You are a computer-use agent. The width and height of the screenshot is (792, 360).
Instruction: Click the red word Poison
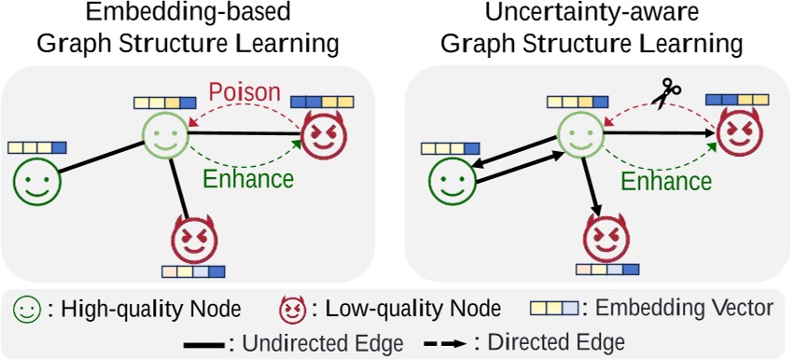click(x=243, y=94)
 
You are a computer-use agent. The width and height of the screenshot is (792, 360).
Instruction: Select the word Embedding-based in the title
click(x=187, y=16)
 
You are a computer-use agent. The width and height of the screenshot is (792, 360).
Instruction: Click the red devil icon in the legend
click(x=293, y=309)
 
